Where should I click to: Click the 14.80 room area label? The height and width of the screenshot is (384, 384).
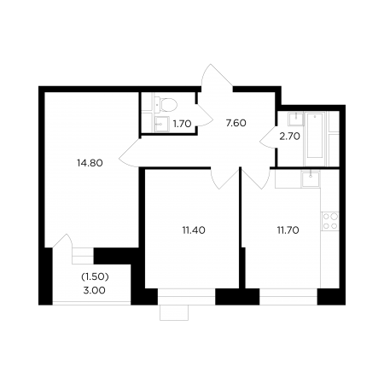coord(90,163)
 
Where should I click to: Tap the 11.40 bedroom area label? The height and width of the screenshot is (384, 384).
coord(194,230)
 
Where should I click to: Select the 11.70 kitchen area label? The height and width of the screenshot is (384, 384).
coord(288,230)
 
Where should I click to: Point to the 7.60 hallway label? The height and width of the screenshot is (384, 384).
coord(236,123)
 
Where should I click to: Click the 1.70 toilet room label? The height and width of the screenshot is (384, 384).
coord(182,124)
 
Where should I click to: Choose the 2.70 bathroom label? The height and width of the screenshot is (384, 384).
coord(289,137)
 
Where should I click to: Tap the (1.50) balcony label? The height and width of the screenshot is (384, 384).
coord(95,276)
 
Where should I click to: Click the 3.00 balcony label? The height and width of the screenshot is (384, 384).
coord(94,290)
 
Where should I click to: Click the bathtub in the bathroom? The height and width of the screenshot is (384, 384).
coord(315,138)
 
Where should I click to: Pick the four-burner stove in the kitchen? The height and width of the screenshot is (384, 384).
coord(330,221)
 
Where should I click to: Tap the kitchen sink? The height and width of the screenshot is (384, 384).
coord(311,179)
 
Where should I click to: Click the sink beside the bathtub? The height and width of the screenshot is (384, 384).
coord(296,119)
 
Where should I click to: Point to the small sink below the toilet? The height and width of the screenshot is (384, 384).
coord(161,124)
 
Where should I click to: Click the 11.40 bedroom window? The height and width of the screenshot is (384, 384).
coord(186,297)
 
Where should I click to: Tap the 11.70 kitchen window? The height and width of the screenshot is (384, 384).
coord(288,297)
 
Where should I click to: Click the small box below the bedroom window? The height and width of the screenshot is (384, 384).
coord(174,313)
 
